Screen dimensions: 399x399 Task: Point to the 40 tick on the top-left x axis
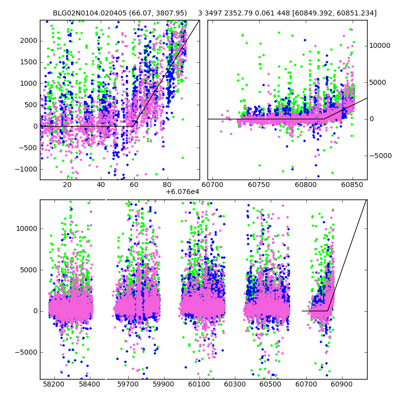[x=101, y=186]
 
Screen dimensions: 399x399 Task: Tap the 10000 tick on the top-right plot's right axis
[x=380, y=45]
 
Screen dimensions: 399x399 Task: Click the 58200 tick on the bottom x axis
[x=53, y=385]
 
